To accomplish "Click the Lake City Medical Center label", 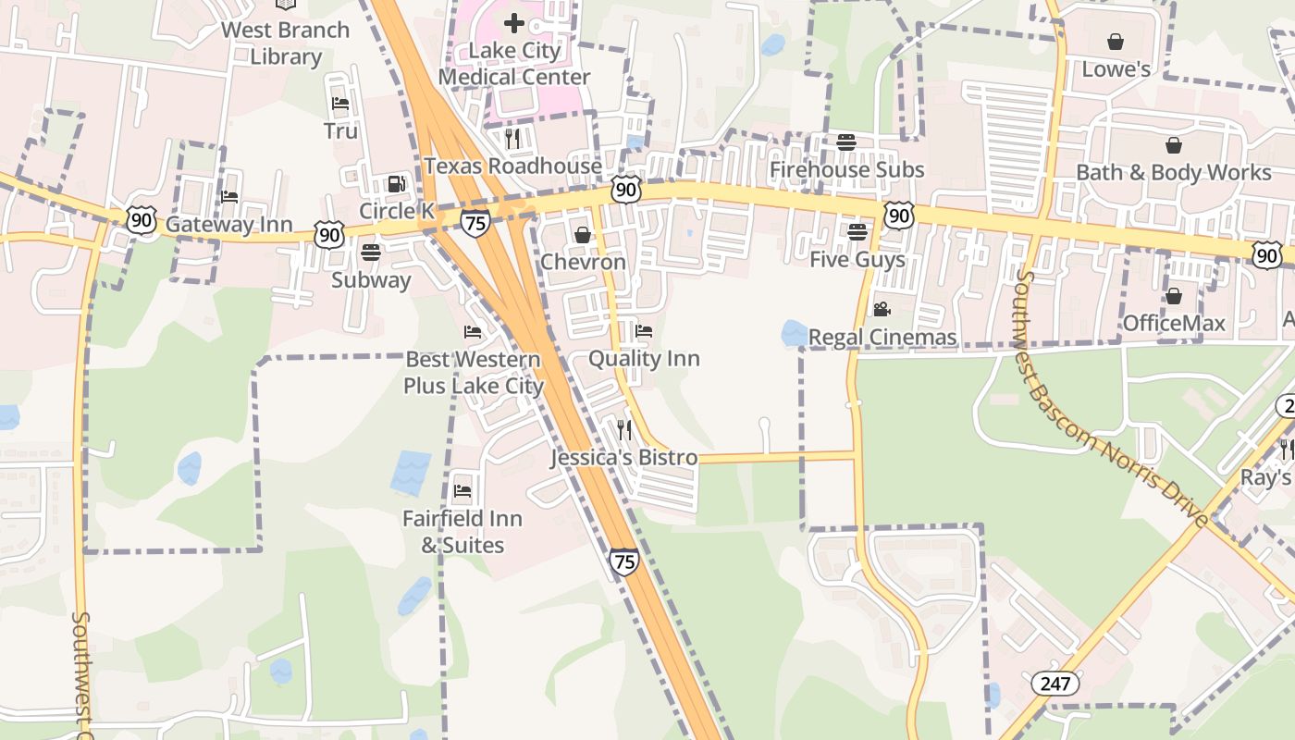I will point(514,63).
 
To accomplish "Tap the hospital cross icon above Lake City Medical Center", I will point(514,22).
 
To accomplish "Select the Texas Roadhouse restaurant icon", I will point(512,139).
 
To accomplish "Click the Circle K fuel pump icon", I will point(397,184).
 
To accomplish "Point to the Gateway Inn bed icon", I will point(229,196).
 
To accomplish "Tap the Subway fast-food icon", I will point(371,252).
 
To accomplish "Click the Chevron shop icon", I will point(583,235).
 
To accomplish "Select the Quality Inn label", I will point(644,358).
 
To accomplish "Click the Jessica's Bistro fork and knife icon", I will point(624,429).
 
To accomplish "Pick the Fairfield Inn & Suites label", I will point(462,532).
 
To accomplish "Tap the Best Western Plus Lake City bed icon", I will point(473,332).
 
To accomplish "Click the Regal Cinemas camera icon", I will point(882,309).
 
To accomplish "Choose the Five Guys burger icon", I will point(857,231).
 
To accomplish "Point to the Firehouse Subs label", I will point(846,169).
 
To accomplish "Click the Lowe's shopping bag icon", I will point(1116,42).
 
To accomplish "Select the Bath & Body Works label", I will point(1173,172).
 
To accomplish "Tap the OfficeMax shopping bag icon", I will point(1174,296).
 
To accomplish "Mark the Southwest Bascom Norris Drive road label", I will point(1111,398).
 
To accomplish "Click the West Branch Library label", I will point(285,43).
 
